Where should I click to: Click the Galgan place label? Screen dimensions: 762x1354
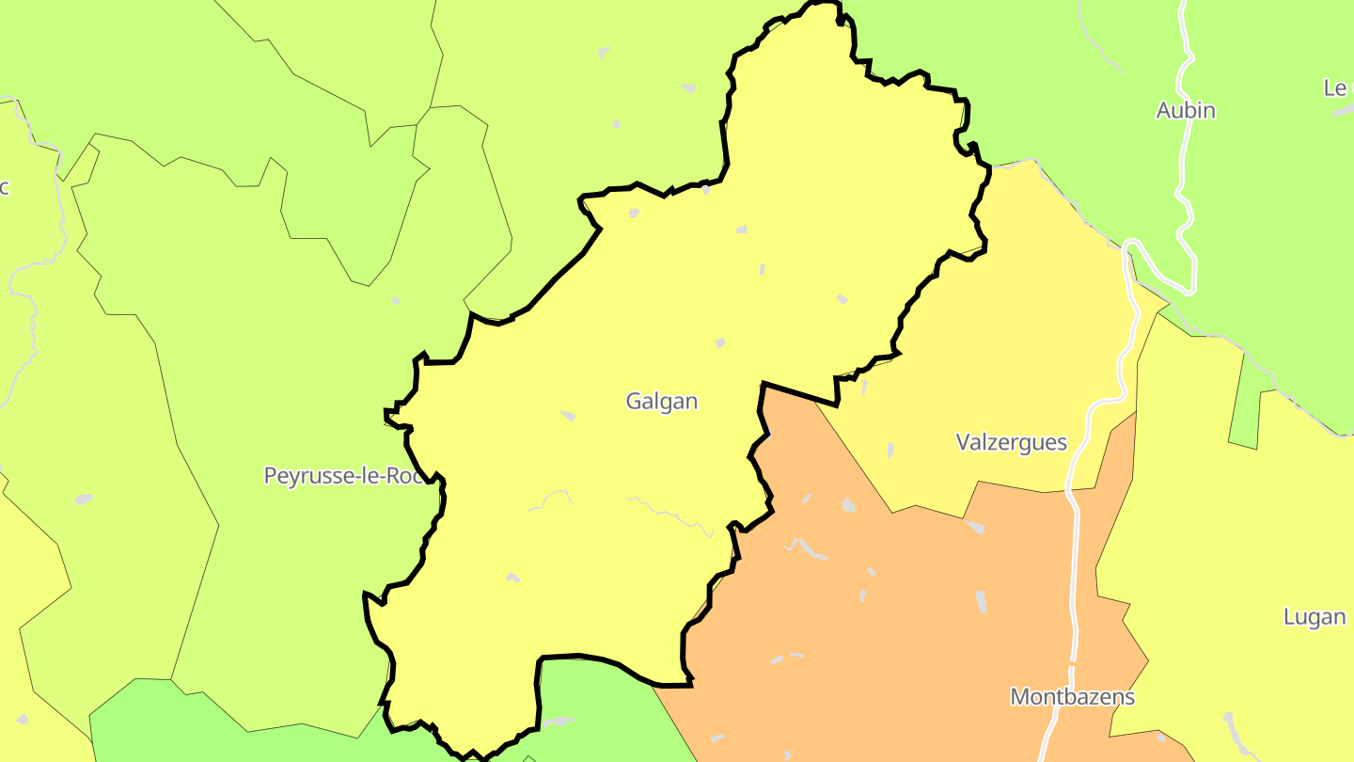click(x=662, y=402)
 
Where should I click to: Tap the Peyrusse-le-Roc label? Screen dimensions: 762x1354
click(x=344, y=476)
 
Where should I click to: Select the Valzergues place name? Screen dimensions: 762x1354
click(x=1011, y=442)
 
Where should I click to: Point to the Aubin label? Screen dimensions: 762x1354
click(x=1186, y=111)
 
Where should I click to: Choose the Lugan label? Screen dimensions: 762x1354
click(x=1315, y=618)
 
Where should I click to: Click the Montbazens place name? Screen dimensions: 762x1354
click(x=1072, y=698)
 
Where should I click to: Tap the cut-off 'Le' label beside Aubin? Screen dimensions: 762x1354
click(x=1336, y=88)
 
